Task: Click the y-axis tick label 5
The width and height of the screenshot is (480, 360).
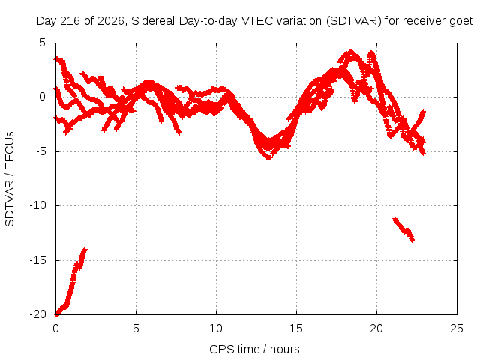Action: [42, 43]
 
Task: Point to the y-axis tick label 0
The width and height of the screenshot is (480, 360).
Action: [42, 97]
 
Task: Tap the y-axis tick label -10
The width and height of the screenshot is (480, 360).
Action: [38, 205]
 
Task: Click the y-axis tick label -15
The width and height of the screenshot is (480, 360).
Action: [38, 260]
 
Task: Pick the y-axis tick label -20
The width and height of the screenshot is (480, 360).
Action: [38, 314]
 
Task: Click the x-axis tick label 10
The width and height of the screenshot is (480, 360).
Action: [216, 328]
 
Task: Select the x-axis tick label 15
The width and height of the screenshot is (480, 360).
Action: [296, 328]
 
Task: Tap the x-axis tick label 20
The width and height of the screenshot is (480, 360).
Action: [376, 328]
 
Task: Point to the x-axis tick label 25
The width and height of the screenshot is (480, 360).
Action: [457, 328]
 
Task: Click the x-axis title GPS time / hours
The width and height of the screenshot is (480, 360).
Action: [254, 349]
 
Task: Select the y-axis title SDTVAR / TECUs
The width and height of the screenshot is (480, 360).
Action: [10, 179]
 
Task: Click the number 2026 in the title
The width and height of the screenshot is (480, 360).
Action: [111, 21]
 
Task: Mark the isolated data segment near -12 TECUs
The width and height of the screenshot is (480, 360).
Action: [403, 229]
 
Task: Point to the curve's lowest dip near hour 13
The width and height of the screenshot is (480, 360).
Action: [268, 157]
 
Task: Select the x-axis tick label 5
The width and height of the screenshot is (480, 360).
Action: [136, 328]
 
